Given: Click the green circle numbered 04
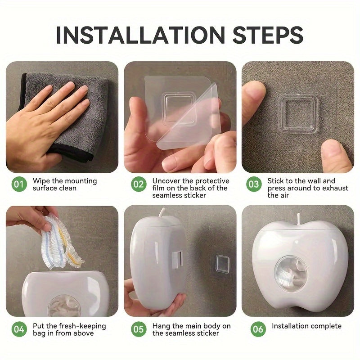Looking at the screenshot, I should tap(19, 329).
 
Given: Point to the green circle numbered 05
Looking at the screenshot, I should tap(139, 329).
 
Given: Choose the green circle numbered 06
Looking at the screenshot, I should tap(258, 329).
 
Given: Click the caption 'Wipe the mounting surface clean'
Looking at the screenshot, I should tap(64, 184).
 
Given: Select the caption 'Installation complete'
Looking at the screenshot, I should tap(306, 326).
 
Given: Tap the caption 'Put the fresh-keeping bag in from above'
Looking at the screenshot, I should tap(69, 329).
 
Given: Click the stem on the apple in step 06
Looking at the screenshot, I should tap(297, 218).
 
